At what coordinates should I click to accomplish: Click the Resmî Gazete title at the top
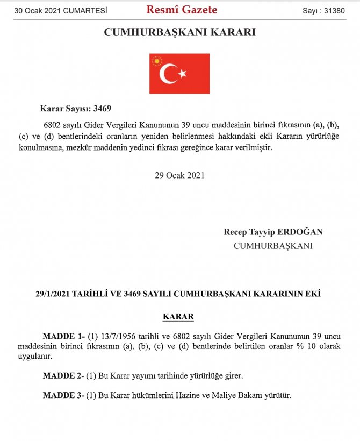182,10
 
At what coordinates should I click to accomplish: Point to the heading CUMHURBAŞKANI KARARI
179,33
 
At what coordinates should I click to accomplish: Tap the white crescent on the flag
169,74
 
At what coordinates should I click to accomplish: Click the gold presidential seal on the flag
157,61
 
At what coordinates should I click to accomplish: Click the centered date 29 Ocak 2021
179,175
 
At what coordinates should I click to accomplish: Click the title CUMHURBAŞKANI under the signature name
273,246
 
